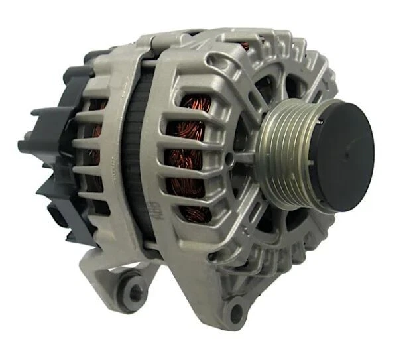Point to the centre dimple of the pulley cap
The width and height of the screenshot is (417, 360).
[345, 154]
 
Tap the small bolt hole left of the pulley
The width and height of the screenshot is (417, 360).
[229, 159]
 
